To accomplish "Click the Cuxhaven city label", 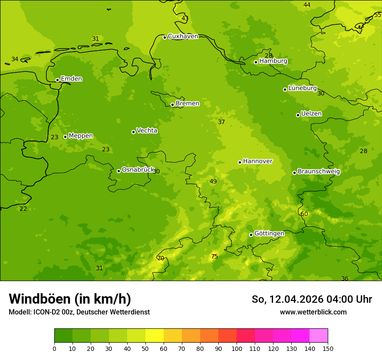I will (x=183, y=36).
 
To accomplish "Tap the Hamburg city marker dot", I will (x=256, y=62).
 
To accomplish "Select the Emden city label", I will (x=71, y=79).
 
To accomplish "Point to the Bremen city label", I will (x=188, y=104).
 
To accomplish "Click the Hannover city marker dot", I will (x=240, y=162).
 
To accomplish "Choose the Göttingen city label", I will (x=269, y=234).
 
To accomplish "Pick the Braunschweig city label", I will (x=319, y=172).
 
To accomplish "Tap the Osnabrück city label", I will (x=138, y=170).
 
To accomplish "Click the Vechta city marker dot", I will (x=133, y=132).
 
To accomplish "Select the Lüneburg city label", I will (x=303, y=88).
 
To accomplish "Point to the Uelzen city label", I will (x=311, y=114).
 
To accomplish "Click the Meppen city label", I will (x=81, y=136).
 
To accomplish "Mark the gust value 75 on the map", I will (x=214, y=257).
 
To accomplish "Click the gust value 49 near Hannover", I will (x=213, y=182).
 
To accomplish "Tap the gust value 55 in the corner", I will (x=377, y=15).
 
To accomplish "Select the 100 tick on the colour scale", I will (x=237, y=348).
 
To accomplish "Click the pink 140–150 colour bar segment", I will (x=319, y=336).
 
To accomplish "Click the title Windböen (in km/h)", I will (x=70, y=299).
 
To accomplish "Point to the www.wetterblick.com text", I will (x=313, y=312).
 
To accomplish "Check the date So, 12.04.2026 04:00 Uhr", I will (x=312, y=299).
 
